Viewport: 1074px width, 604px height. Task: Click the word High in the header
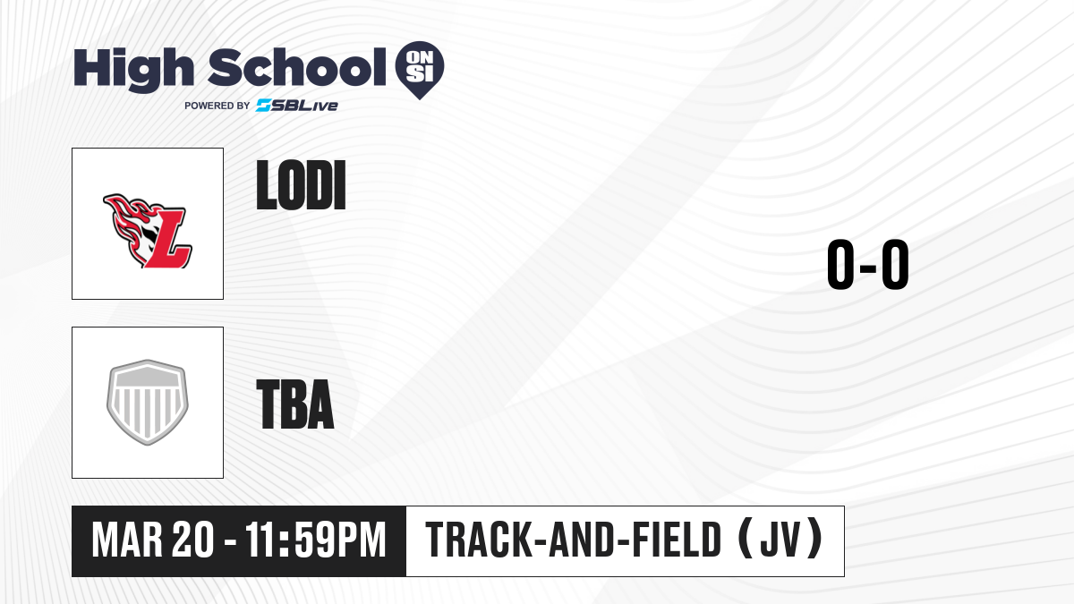[x=133, y=69]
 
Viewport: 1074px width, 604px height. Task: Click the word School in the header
[x=297, y=67]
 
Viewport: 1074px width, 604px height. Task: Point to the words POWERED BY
[x=217, y=106]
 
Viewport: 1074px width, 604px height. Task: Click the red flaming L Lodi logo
[x=147, y=231]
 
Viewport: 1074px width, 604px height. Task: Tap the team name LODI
[x=301, y=185]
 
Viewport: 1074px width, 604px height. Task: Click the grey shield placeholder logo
[x=148, y=402]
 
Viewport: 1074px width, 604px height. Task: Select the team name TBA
[x=295, y=404]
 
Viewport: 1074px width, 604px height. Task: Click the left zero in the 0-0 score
[x=840, y=264]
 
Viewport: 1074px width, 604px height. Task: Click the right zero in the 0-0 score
[x=895, y=264]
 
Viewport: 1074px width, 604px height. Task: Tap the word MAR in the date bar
[x=127, y=540]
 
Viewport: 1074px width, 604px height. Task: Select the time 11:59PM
[x=316, y=540]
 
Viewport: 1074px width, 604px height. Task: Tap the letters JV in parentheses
[x=780, y=540]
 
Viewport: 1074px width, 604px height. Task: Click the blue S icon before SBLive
[x=263, y=106]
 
